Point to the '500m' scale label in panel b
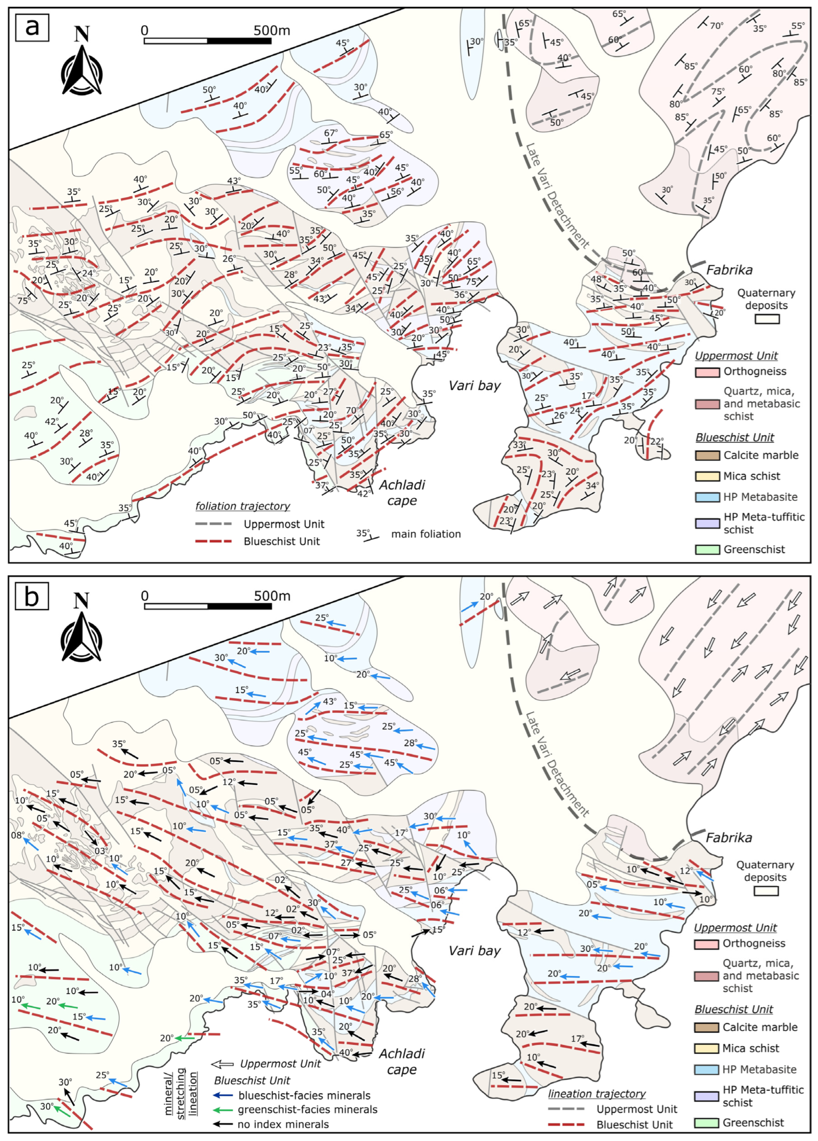pos(272,596)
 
